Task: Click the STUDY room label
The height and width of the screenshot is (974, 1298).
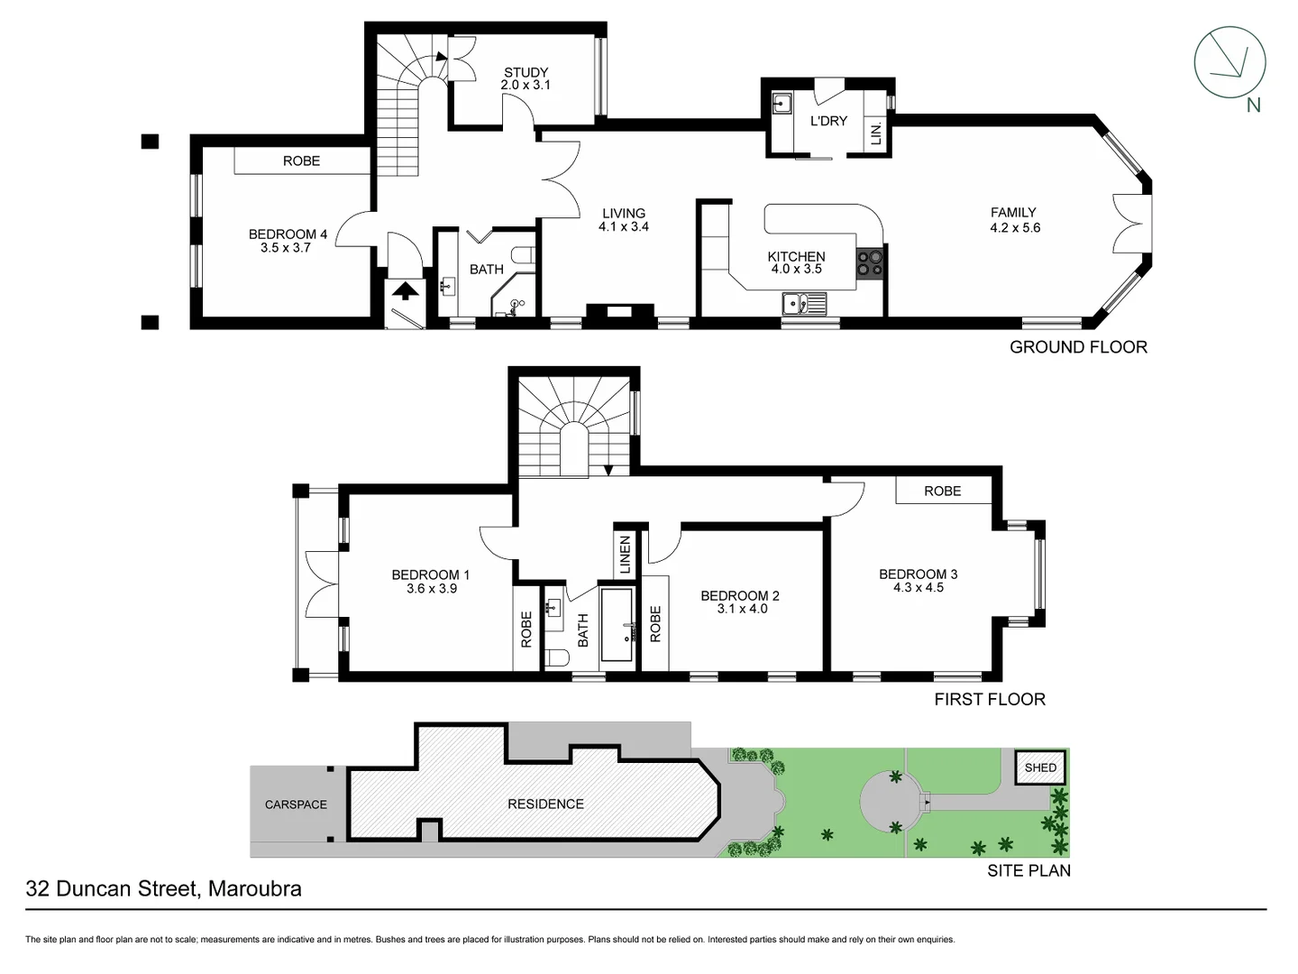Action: point(526,72)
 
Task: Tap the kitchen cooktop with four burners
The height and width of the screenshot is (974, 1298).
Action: point(870,262)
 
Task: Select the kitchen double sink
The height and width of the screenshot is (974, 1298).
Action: point(804,304)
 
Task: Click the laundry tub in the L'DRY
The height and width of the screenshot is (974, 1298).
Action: point(782,104)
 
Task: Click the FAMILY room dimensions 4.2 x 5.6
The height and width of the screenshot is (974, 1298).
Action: point(1014,227)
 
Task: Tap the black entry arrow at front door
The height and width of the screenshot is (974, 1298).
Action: point(405,290)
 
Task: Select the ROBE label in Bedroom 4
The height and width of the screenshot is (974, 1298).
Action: point(301,161)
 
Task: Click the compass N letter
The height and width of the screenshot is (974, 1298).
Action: point(1253,105)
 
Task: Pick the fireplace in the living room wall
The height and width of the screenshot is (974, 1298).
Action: point(619,312)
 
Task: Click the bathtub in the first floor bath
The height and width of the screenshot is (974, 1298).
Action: point(617,625)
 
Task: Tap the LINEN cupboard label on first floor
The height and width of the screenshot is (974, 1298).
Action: point(626,556)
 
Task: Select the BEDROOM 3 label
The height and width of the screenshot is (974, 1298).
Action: point(918,574)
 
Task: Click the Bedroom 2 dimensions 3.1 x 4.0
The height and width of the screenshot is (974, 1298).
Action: point(741,609)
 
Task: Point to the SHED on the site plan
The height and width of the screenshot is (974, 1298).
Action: point(1040,767)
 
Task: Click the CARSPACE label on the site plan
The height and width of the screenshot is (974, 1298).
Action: point(296,804)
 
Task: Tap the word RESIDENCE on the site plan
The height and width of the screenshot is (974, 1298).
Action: point(545,804)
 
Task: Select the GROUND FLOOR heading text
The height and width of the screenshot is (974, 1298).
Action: point(1078,347)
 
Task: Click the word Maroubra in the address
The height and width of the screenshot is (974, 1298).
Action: point(254,888)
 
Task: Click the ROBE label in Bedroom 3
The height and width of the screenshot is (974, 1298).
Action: point(942,491)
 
